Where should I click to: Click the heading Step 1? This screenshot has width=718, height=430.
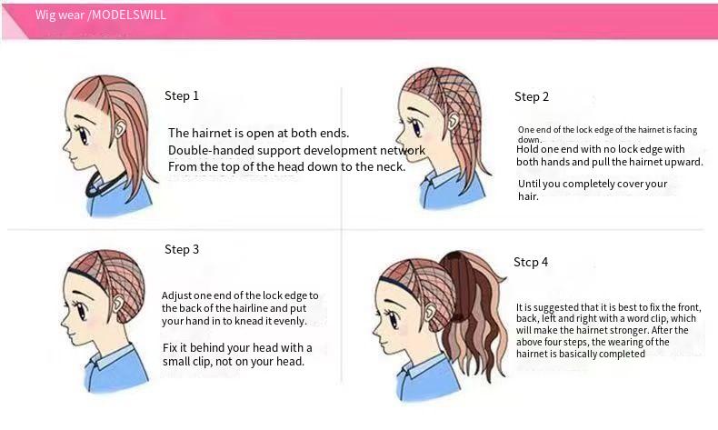(x=182, y=95)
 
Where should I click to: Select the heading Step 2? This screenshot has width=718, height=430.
(x=532, y=96)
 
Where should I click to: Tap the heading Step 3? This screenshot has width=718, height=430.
(x=182, y=250)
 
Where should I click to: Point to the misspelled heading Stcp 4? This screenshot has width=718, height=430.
(x=531, y=262)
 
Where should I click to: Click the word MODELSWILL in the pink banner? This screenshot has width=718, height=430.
(x=129, y=15)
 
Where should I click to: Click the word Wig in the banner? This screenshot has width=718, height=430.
(x=45, y=15)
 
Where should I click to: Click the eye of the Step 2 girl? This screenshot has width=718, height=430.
(x=416, y=127)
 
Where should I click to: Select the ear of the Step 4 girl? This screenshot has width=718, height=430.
(x=430, y=312)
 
